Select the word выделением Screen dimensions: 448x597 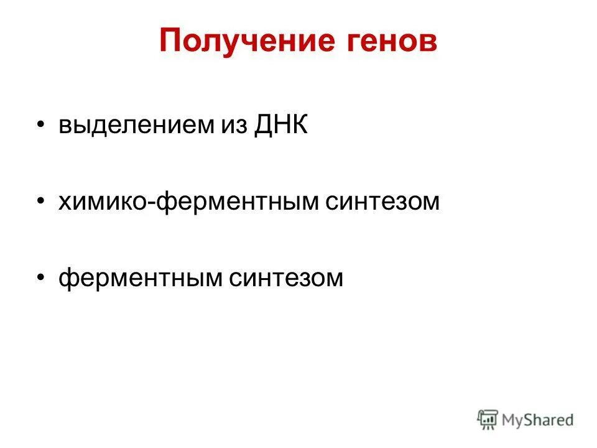point(135,125)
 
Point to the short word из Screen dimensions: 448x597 point(233,125)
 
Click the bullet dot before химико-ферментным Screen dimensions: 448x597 point(41,202)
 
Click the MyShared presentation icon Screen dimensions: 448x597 point(488,420)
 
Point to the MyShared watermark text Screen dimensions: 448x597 point(539,421)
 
